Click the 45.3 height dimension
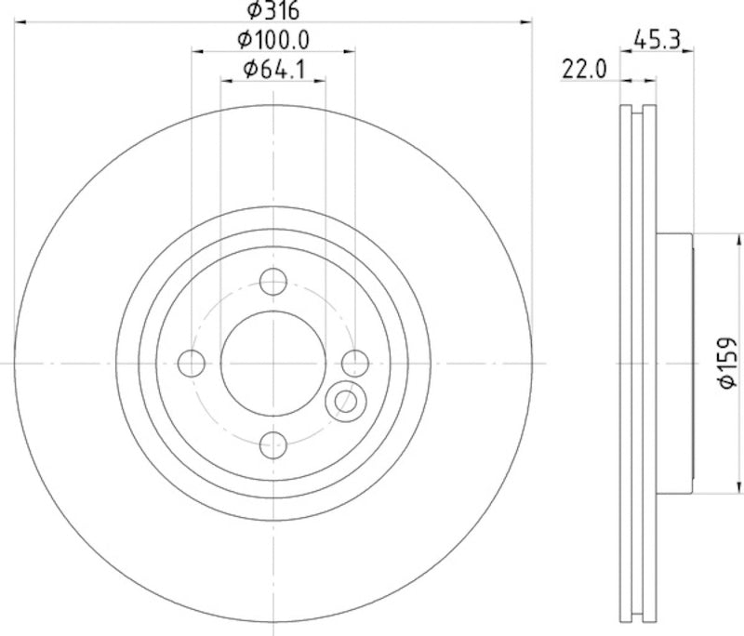pyautogui.click(x=655, y=39)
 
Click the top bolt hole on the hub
pyautogui.click(x=272, y=281)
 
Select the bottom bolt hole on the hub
pyautogui.click(x=272, y=444)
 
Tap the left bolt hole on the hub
pyautogui.click(x=192, y=363)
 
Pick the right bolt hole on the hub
pyautogui.click(x=354, y=363)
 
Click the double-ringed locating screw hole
pyautogui.click(x=347, y=401)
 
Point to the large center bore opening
pyautogui.click(x=272, y=363)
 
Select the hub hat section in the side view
pyautogui.click(x=676, y=363)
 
